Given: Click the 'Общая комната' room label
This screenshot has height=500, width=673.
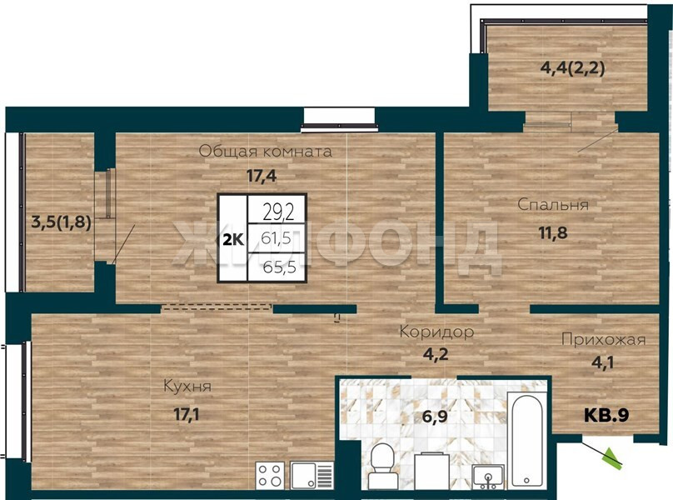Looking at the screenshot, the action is (265, 151).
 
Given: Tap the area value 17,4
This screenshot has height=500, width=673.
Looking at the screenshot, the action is (262, 176).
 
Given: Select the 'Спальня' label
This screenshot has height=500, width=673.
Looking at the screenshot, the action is (553, 204).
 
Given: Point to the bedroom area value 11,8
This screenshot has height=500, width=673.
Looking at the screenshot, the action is (553, 232).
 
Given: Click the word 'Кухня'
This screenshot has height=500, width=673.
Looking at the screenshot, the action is (187, 387).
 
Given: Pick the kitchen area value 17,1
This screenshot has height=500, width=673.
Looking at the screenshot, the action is (186, 414).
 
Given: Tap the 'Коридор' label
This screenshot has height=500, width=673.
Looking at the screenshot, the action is (436, 332).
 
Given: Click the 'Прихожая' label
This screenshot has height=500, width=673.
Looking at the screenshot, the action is (604, 340).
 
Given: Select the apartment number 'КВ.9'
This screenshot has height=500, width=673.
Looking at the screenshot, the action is (606, 415).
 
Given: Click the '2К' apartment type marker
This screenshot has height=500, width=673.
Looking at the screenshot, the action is (233, 240).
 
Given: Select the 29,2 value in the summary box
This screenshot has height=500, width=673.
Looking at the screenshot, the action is (278, 212).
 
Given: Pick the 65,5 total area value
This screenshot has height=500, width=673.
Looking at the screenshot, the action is (279, 267).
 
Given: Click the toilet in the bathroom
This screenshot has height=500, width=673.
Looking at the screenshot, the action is (381, 465).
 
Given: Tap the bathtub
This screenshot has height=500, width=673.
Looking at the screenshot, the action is (526, 441).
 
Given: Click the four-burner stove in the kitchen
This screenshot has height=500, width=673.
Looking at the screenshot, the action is (271, 476).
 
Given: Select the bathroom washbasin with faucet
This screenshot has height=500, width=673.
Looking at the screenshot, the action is (487, 477).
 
